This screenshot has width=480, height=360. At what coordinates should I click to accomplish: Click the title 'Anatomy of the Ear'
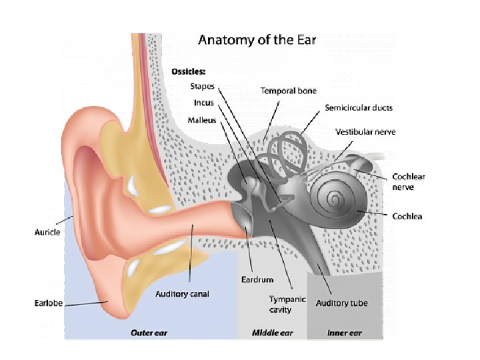coord(257,40)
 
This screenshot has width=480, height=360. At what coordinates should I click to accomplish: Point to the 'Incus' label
coord(203,103)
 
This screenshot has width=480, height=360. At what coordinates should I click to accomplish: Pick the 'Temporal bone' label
coord(289,91)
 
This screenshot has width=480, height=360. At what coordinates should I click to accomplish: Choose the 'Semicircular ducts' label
coord(359,107)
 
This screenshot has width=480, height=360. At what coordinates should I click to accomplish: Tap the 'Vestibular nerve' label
coord(366,132)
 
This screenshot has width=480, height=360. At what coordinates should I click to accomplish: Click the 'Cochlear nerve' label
coord(409,182)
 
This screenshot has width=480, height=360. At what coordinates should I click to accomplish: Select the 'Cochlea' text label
coord(407,216)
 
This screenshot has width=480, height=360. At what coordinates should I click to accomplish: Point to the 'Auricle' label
coord(47,232)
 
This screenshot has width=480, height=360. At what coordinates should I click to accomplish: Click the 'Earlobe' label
coord(49,303)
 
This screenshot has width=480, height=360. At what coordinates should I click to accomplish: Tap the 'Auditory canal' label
coord(181,294)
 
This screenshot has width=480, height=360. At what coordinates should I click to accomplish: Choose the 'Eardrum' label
coord(257,279)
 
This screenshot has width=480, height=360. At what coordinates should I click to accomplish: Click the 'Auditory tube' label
coord(342,303)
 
